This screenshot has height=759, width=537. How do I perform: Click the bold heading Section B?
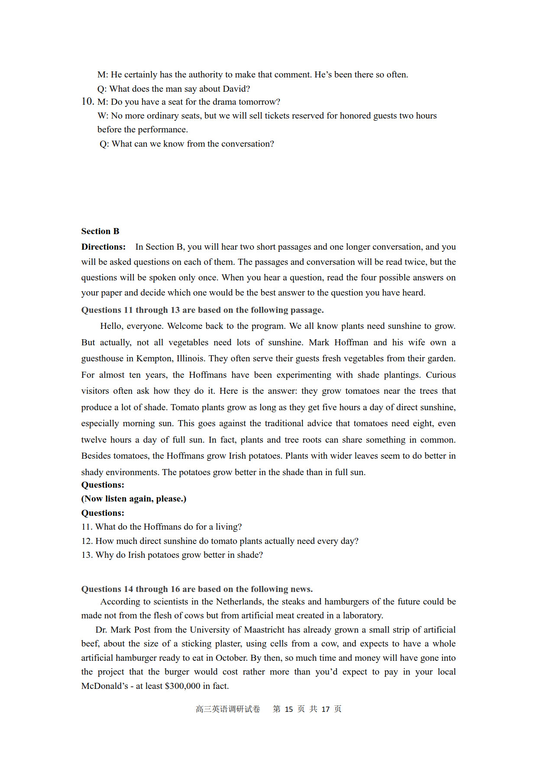tap(100, 231)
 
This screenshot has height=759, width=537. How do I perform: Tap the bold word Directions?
tap(103, 247)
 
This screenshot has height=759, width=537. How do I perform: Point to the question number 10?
tap(87, 101)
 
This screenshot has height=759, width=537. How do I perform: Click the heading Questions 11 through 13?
tap(202, 310)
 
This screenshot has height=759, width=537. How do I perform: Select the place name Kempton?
tap(155, 358)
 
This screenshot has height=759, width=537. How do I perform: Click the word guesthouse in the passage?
tap(102, 358)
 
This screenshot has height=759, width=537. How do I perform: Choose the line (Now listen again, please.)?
tap(134, 498)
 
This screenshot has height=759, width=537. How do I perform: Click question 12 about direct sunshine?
tap(220, 541)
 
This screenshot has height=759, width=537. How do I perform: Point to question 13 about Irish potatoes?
tap(172, 555)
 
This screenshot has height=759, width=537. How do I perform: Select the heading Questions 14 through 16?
tap(197, 589)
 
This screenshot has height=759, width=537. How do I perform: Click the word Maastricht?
tap(264, 630)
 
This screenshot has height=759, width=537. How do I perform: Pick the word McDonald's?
tap(104, 686)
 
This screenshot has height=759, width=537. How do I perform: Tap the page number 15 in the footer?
tap(289, 709)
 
